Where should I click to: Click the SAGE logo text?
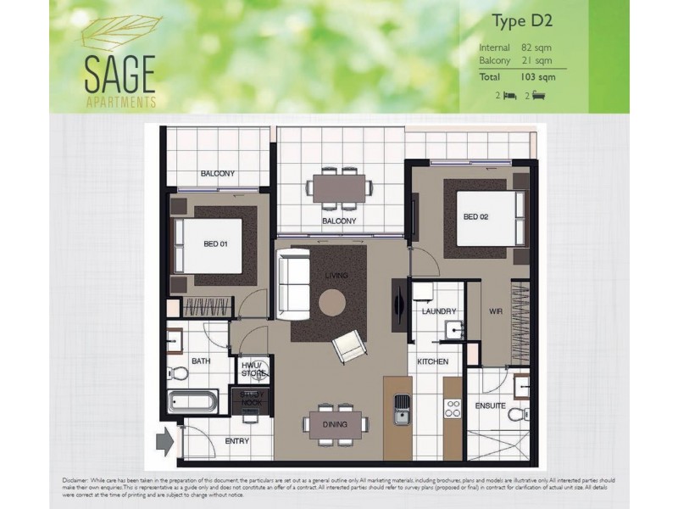[x=119, y=75]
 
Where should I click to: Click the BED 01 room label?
[x=216, y=244]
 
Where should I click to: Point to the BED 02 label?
[x=475, y=216]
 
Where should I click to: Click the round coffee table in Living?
[x=332, y=302]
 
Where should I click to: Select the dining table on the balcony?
[x=339, y=188]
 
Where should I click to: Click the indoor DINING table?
[x=335, y=424]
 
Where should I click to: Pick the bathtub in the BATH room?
[x=193, y=400]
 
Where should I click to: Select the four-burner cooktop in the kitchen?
[x=453, y=409]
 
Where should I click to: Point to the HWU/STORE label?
[x=253, y=371]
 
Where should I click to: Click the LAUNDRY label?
[x=438, y=311]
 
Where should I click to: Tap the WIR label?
[x=496, y=311]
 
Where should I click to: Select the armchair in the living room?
[x=349, y=345]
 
